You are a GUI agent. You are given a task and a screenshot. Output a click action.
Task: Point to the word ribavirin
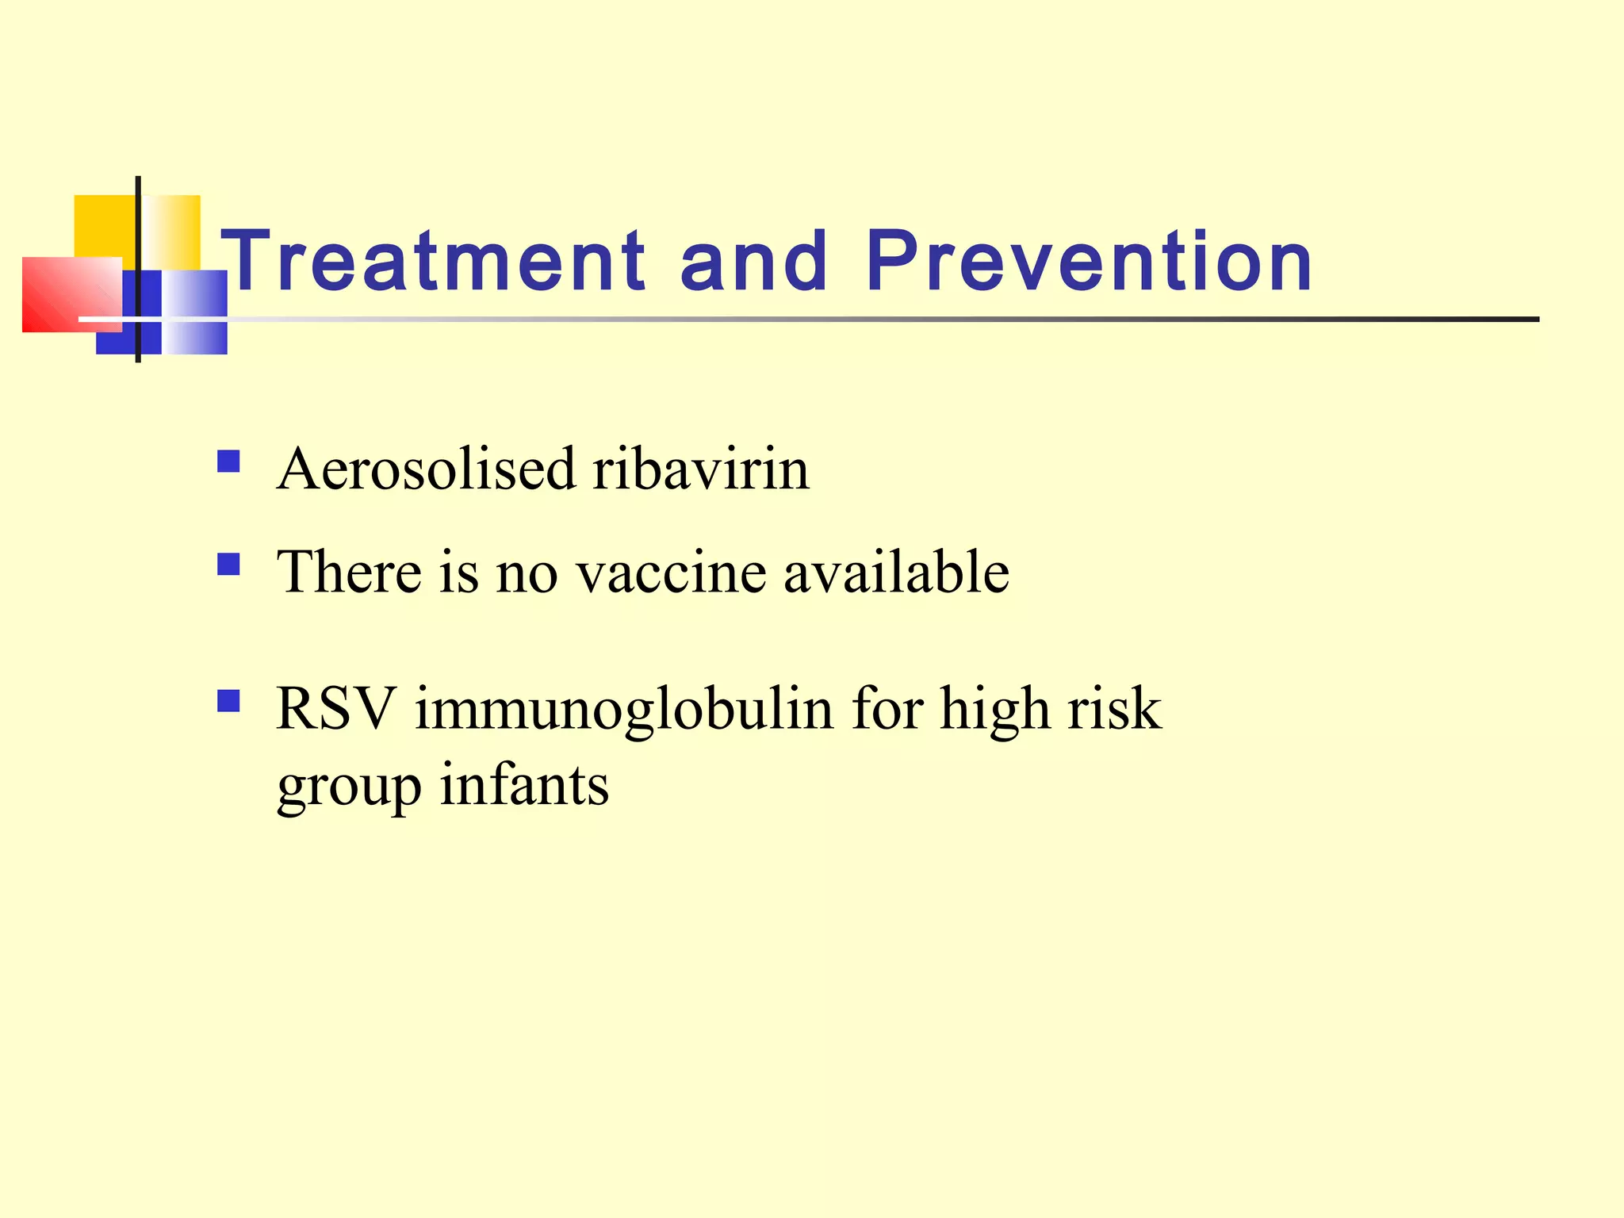click(701, 469)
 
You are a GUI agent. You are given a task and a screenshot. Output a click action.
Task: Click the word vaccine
click(671, 572)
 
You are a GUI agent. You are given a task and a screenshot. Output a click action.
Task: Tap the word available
click(896, 572)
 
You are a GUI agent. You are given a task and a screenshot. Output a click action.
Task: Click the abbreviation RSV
click(335, 708)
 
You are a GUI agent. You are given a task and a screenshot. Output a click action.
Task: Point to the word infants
click(524, 785)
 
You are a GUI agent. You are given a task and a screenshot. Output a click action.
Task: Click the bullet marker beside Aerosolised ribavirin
click(228, 461)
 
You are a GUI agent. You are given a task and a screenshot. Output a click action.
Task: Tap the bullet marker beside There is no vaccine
click(228, 564)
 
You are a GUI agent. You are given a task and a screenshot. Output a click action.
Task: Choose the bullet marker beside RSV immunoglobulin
click(228, 701)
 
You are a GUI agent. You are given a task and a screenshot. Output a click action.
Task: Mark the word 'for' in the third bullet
click(887, 708)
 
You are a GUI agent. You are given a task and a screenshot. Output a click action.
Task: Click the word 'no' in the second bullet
click(527, 573)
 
